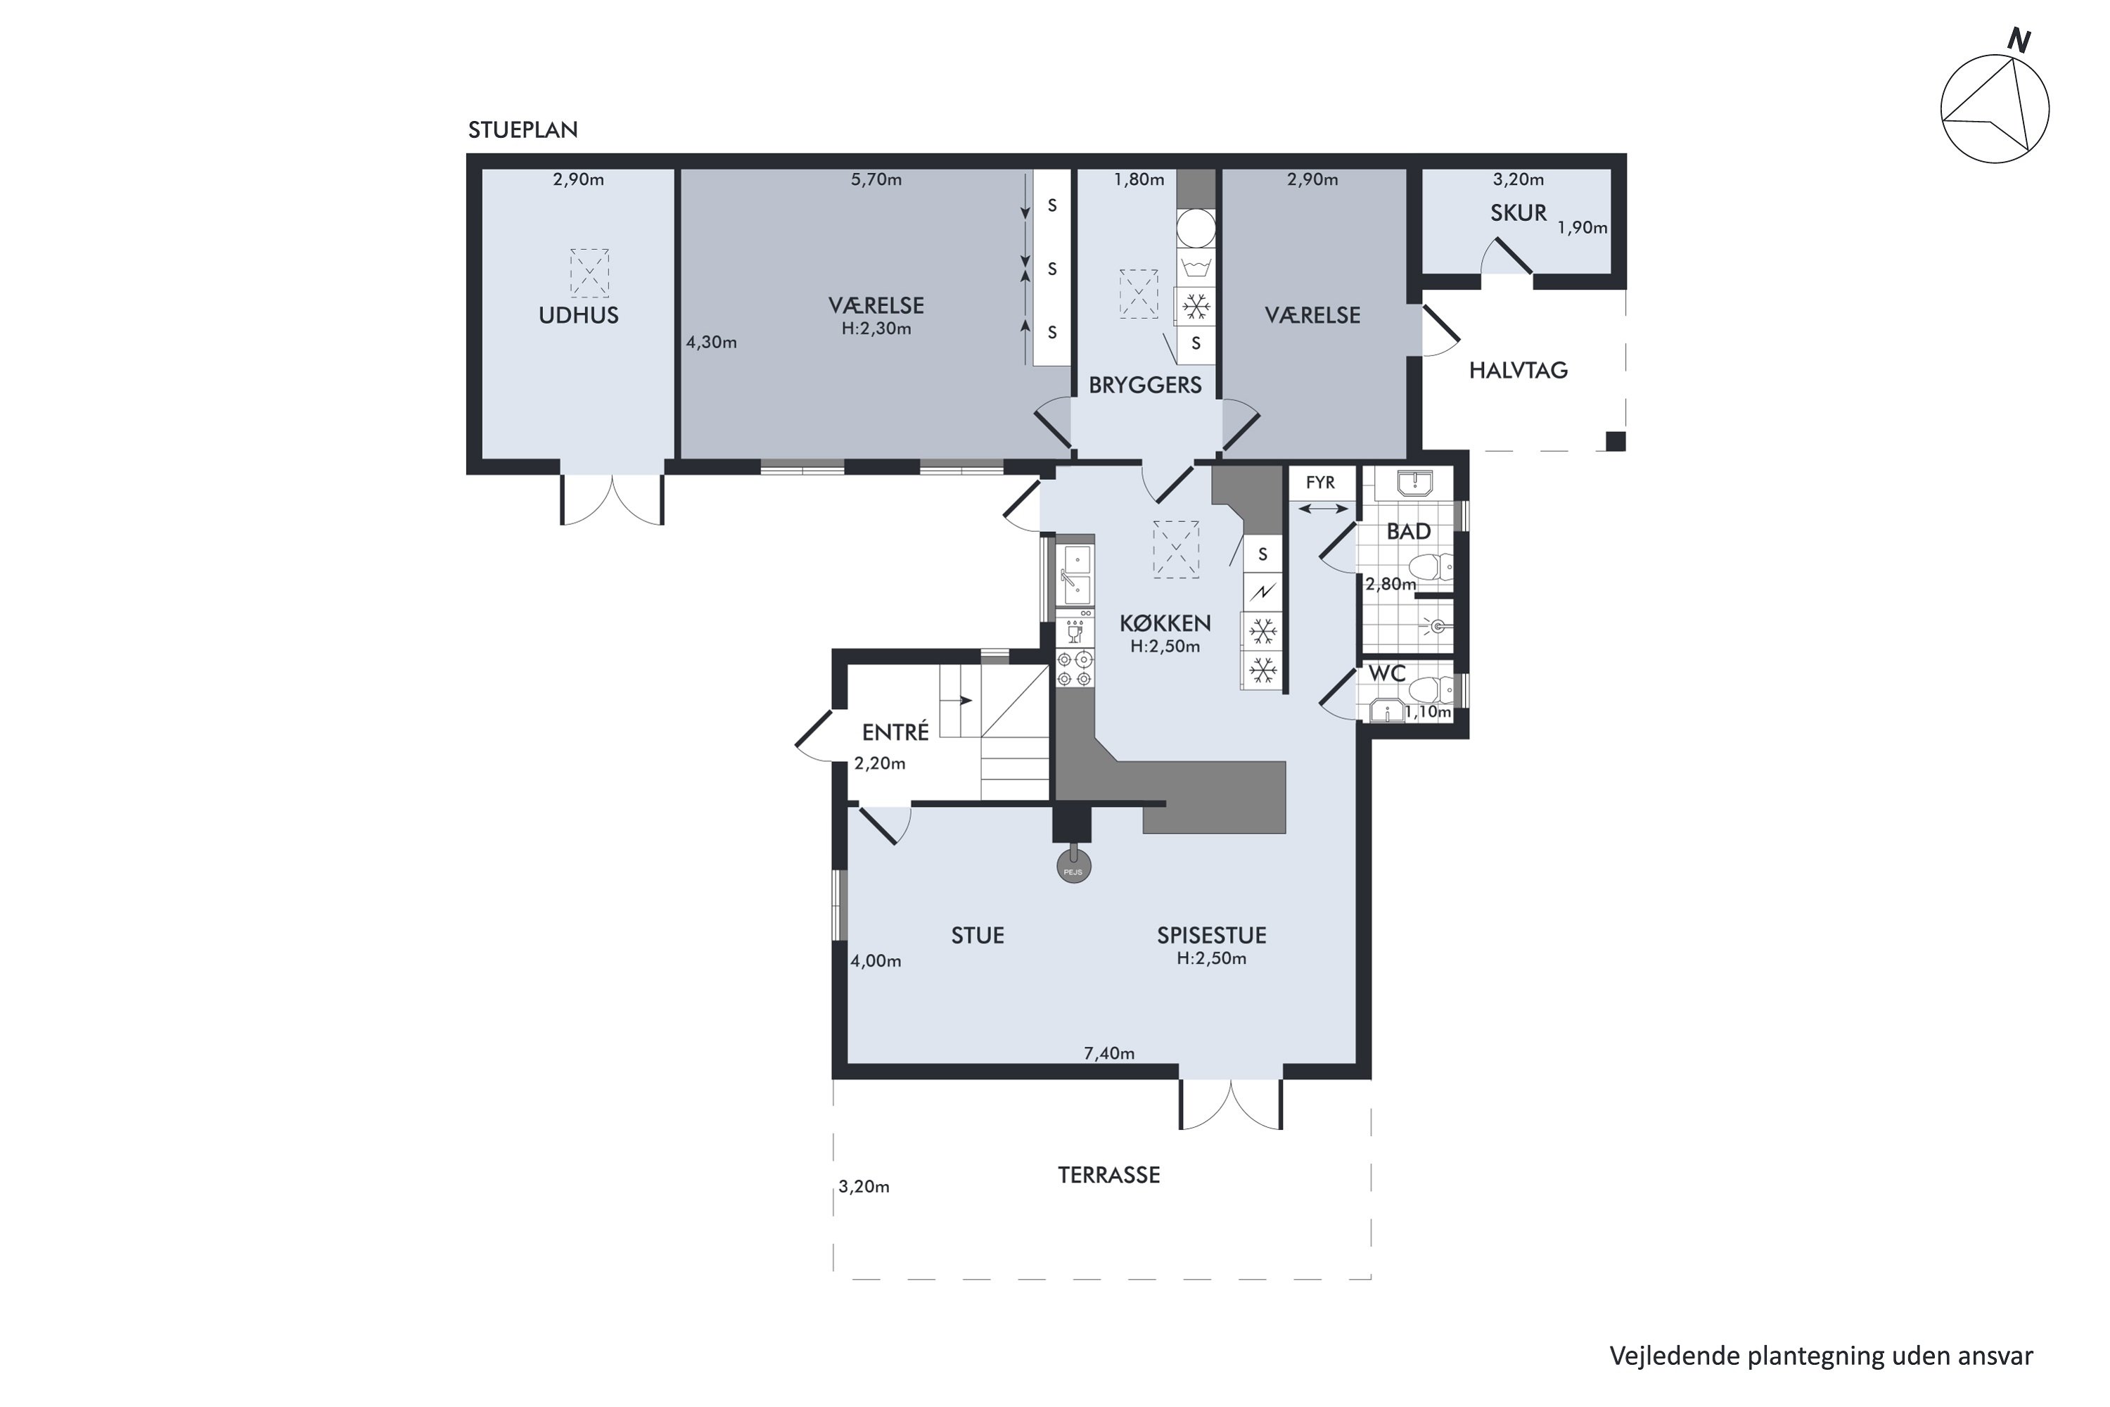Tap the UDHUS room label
coord(579,315)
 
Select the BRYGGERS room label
coord(1145,385)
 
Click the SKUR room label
coord(1518,212)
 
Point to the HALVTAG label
coord(1518,370)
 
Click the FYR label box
coord(1321,483)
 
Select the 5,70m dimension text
coord(876,179)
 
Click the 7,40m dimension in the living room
coord(1109,1053)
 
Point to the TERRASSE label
coord(1109,1176)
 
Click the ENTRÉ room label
coord(895,732)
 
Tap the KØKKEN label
coord(1165,623)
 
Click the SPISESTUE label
coord(1211,935)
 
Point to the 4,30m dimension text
coord(711,342)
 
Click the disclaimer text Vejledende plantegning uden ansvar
coord(1821,1355)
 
